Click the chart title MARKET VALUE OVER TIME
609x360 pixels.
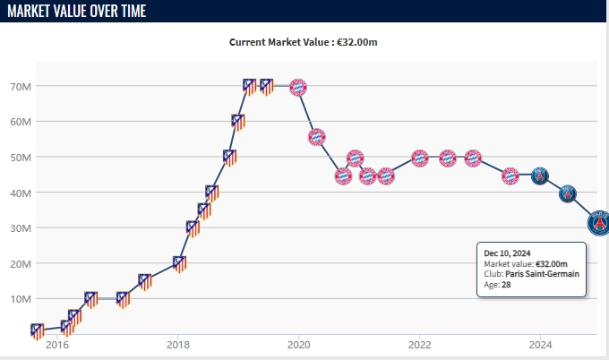pos(74,11)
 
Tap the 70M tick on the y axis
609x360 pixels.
pos(21,87)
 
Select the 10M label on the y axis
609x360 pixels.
pos(21,298)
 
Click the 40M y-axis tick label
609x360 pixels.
pos(21,193)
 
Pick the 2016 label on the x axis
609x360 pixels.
pos(56,345)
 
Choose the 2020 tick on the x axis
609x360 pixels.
pos(298,345)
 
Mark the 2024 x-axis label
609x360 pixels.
pos(540,345)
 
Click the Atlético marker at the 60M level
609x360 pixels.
pos(238,122)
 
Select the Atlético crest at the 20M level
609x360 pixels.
pos(179,264)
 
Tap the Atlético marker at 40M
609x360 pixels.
pos(212,193)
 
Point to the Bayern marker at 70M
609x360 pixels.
pos(298,87)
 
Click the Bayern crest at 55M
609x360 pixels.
pos(317,138)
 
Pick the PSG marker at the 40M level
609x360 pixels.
pos(568,193)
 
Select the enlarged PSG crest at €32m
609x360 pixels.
pos(599,221)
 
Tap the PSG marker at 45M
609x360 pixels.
pos(539,176)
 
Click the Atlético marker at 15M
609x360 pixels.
pos(145,281)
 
